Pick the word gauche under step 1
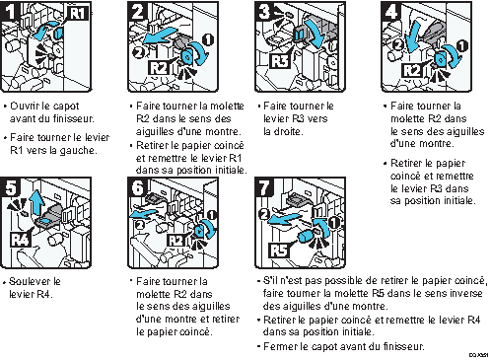click(x=80, y=150)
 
